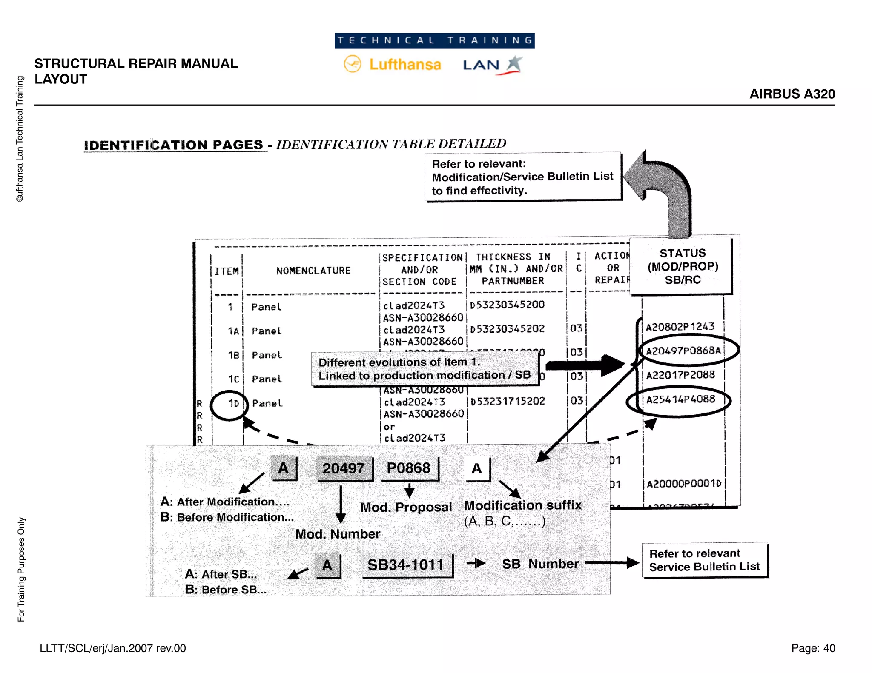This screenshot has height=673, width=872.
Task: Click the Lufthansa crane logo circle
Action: [x=352, y=64]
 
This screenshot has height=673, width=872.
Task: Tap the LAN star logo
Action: [x=514, y=65]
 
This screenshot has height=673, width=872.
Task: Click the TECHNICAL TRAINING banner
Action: [x=434, y=40]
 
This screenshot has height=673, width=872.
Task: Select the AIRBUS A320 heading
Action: [x=792, y=94]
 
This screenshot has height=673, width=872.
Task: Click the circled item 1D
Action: [x=230, y=405]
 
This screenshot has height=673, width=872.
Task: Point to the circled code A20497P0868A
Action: [x=688, y=350]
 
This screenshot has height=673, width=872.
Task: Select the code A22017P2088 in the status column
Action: [x=680, y=375]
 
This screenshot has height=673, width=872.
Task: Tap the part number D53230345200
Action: [x=507, y=305]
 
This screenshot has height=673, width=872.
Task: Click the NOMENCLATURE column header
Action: [x=313, y=271]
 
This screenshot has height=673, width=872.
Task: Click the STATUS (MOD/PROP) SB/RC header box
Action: [x=682, y=266]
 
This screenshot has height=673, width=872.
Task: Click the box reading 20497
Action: [x=343, y=468]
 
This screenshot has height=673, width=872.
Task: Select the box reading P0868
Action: [x=408, y=468]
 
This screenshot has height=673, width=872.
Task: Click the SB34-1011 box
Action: [x=406, y=565]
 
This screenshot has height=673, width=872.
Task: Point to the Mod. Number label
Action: [x=337, y=534]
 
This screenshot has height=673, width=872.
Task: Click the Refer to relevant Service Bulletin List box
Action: [x=704, y=560]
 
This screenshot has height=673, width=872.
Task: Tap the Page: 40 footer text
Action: [x=813, y=648]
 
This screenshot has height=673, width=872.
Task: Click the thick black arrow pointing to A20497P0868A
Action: [x=585, y=365]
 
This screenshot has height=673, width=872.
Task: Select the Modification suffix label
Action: [x=522, y=505]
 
